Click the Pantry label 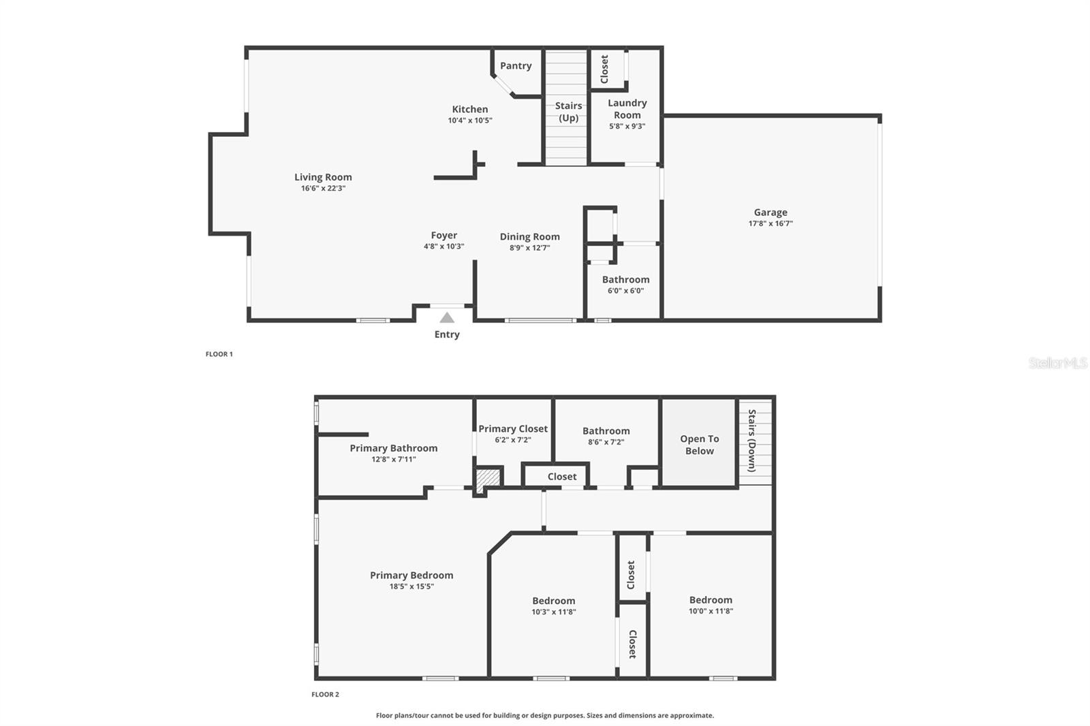click(x=516, y=65)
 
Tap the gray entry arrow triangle click(x=447, y=317)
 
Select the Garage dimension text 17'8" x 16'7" click(x=770, y=223)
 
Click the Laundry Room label click(x=627, y=109)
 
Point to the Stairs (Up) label click(x=568, y=112)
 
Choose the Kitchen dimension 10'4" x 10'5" click(x=470, y=121)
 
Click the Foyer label click(x=443, y=235)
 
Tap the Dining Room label click(x=529, y=236)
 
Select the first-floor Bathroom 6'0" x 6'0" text click(x=625, y=291)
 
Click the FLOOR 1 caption click(x=219, y=354)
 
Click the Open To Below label click(x=699, y=445)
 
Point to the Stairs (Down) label click(x=752, y=441)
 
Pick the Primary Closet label click(x=513, y=428)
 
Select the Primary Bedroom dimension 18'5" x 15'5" click(x=411, y=586)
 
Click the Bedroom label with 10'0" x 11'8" click(x=711, y=599)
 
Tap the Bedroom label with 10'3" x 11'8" click(x=553, y=601)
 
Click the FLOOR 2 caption click(x=325, y=695)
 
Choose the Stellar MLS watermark click(x=1057, y=363)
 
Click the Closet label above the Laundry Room click(x=604, y=69)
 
